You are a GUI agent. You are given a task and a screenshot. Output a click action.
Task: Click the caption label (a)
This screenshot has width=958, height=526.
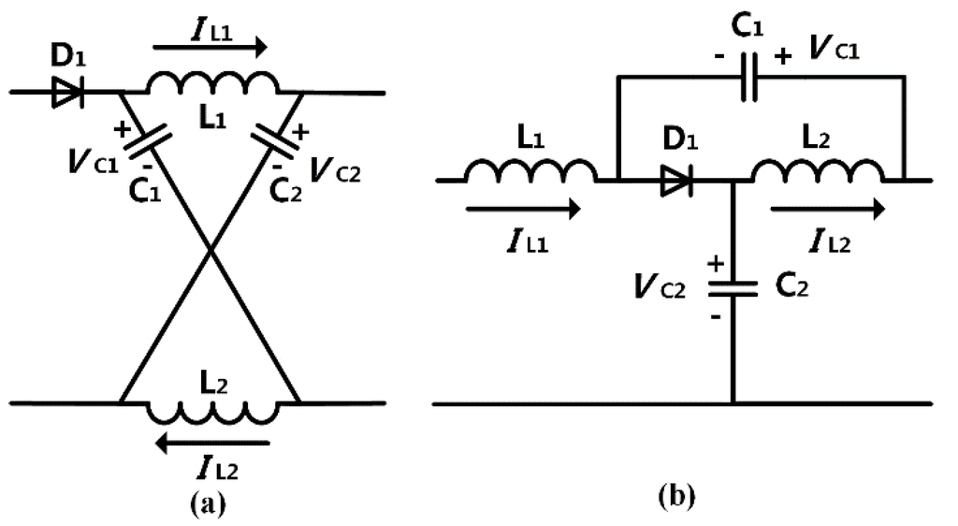coord(207,504)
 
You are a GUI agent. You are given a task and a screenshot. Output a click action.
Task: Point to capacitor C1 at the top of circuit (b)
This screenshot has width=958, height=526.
coord(749,80)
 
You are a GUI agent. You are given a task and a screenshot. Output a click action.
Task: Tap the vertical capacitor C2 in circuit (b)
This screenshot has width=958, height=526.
coord(732,286)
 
